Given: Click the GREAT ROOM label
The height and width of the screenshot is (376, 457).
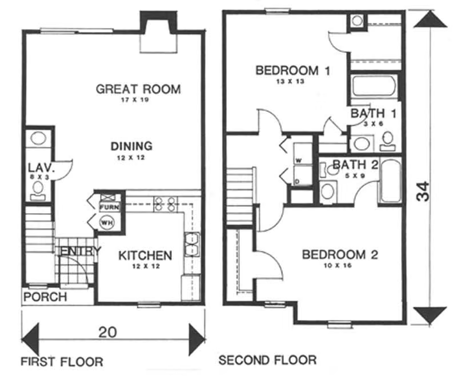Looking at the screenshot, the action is [x=138, y=89].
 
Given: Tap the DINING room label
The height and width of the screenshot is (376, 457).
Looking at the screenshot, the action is [x=131, y=146].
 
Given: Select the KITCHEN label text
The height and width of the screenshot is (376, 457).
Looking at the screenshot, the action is [x=145, y=255].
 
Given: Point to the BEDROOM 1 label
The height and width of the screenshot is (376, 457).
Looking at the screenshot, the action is [x=292, y=70].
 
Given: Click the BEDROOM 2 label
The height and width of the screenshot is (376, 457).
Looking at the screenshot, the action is [x=340, y=255].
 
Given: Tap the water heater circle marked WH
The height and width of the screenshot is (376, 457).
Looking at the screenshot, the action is [x=107, y=223].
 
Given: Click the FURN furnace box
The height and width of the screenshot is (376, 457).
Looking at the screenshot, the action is [x=109, y=207].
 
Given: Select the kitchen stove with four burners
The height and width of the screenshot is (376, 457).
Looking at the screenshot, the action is [x=166, y=204].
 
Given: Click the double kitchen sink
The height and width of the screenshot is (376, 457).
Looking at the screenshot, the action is [x=192, y=244].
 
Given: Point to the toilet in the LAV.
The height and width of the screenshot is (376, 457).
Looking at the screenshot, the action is [x=38, y=191].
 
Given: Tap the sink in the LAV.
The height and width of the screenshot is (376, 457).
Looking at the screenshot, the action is [x=38, y=138].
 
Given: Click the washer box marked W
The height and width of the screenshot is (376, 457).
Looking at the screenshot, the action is [x=303, y=154].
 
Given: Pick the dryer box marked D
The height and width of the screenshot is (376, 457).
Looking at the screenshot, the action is [x=303, y=175].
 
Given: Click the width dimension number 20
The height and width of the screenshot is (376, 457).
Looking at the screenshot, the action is [x=107, y=332].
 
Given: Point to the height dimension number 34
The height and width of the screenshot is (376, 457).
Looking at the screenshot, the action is [x=423, y=191].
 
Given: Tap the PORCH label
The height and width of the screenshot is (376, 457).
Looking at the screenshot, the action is [x=45, y=297].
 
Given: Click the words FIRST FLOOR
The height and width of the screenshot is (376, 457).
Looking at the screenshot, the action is [x=62, y=362].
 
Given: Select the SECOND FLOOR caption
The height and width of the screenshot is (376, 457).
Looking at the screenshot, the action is [x=267, y=360].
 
